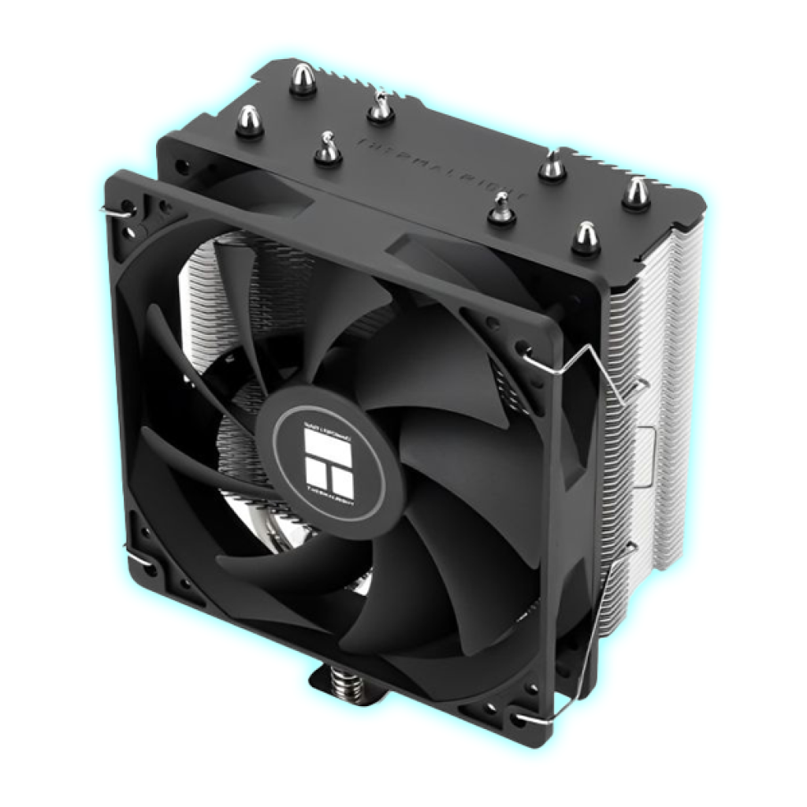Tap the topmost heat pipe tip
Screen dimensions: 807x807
click(x=302, y=80)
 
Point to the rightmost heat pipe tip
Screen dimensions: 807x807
click(x=635, y=193)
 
